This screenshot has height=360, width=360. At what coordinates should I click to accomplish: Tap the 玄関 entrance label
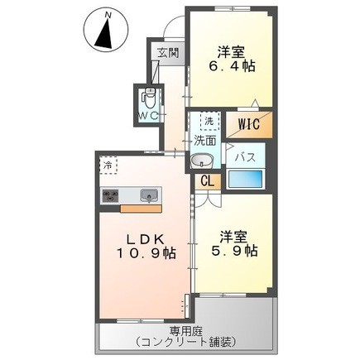tap(168, 53)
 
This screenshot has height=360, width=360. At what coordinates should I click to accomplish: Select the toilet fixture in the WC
tap(149, 98)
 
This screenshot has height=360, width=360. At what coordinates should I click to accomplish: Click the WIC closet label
tap(249, 124)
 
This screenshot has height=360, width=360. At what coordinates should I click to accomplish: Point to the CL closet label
tap(208, 181)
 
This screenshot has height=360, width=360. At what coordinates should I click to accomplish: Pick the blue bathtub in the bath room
tap(245, 179)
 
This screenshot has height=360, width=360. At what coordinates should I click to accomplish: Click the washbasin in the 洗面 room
tap(202, 161)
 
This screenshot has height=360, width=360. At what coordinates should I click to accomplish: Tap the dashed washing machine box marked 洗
tap(209, 121)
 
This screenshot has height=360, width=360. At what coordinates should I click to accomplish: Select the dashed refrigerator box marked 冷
tap(108, 166)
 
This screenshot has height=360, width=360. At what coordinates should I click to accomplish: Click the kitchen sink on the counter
tap(149, 196)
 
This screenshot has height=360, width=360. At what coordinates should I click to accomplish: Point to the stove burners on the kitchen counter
tap(110, 195)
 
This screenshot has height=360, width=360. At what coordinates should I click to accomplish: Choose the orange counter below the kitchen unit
tap(141, 209)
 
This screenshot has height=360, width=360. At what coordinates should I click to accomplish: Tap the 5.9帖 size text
tap(234, 251)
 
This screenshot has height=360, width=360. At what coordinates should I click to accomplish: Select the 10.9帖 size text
tap(146, 252)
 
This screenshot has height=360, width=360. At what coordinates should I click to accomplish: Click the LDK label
tap(146, 239)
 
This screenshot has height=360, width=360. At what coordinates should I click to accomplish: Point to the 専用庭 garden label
tap(186, 330)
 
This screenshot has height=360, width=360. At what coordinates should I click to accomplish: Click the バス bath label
tap(245, 157)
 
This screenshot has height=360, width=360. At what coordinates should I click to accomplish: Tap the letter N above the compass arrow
tap(108, 15)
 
